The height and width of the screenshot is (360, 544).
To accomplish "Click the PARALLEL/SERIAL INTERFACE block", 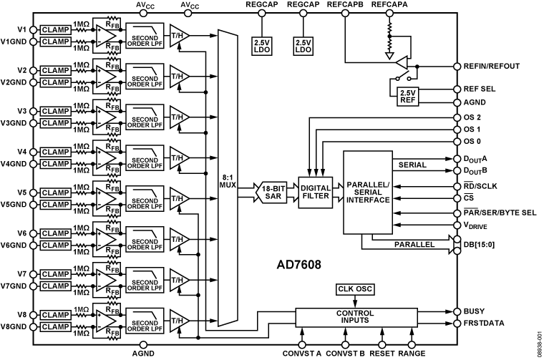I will [x=368, y=195].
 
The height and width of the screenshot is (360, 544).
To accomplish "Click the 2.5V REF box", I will [x=407, y=96].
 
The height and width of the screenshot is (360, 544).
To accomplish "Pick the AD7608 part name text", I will [x=299, y=264].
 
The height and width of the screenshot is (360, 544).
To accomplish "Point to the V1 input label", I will [x=22, y=29].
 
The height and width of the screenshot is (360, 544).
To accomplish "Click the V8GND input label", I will [x=16, y=326].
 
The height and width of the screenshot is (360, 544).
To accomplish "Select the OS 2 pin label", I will [x=473, y=117].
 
